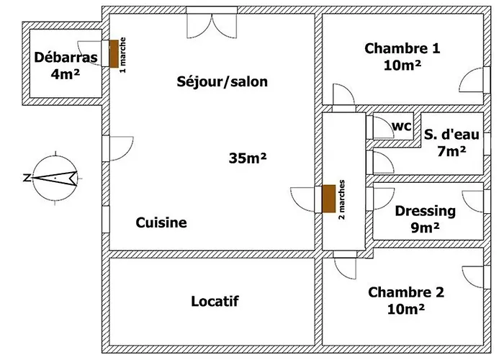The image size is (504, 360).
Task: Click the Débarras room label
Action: tap(66, 58)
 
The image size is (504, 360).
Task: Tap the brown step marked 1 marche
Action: tap(114, 54)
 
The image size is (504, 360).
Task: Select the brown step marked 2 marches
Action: tap(329, 199)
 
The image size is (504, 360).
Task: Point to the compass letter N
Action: tap(27, 177)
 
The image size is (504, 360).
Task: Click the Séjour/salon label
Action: tap(222, 81)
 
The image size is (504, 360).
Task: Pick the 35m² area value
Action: tap(248, 158)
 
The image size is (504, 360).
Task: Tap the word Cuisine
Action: tap(161, 222)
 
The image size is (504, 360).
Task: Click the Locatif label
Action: tap(215, 301)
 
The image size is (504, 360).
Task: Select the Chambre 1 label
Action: tap(402, 48)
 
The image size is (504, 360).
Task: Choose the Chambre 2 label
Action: tap(406, 292)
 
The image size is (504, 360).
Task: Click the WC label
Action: tap(402, 126)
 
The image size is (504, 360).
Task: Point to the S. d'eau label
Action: tap(451, 135)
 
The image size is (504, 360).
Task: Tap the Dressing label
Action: tap(426, 211)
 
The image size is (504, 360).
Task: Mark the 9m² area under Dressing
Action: tap(425, 228)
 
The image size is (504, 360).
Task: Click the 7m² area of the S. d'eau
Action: tap(451, 151)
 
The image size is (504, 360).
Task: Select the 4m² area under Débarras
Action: tap(66, 74)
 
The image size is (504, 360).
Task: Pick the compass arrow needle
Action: tap(55, 178)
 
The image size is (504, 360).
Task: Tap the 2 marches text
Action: tap(342, 199)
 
